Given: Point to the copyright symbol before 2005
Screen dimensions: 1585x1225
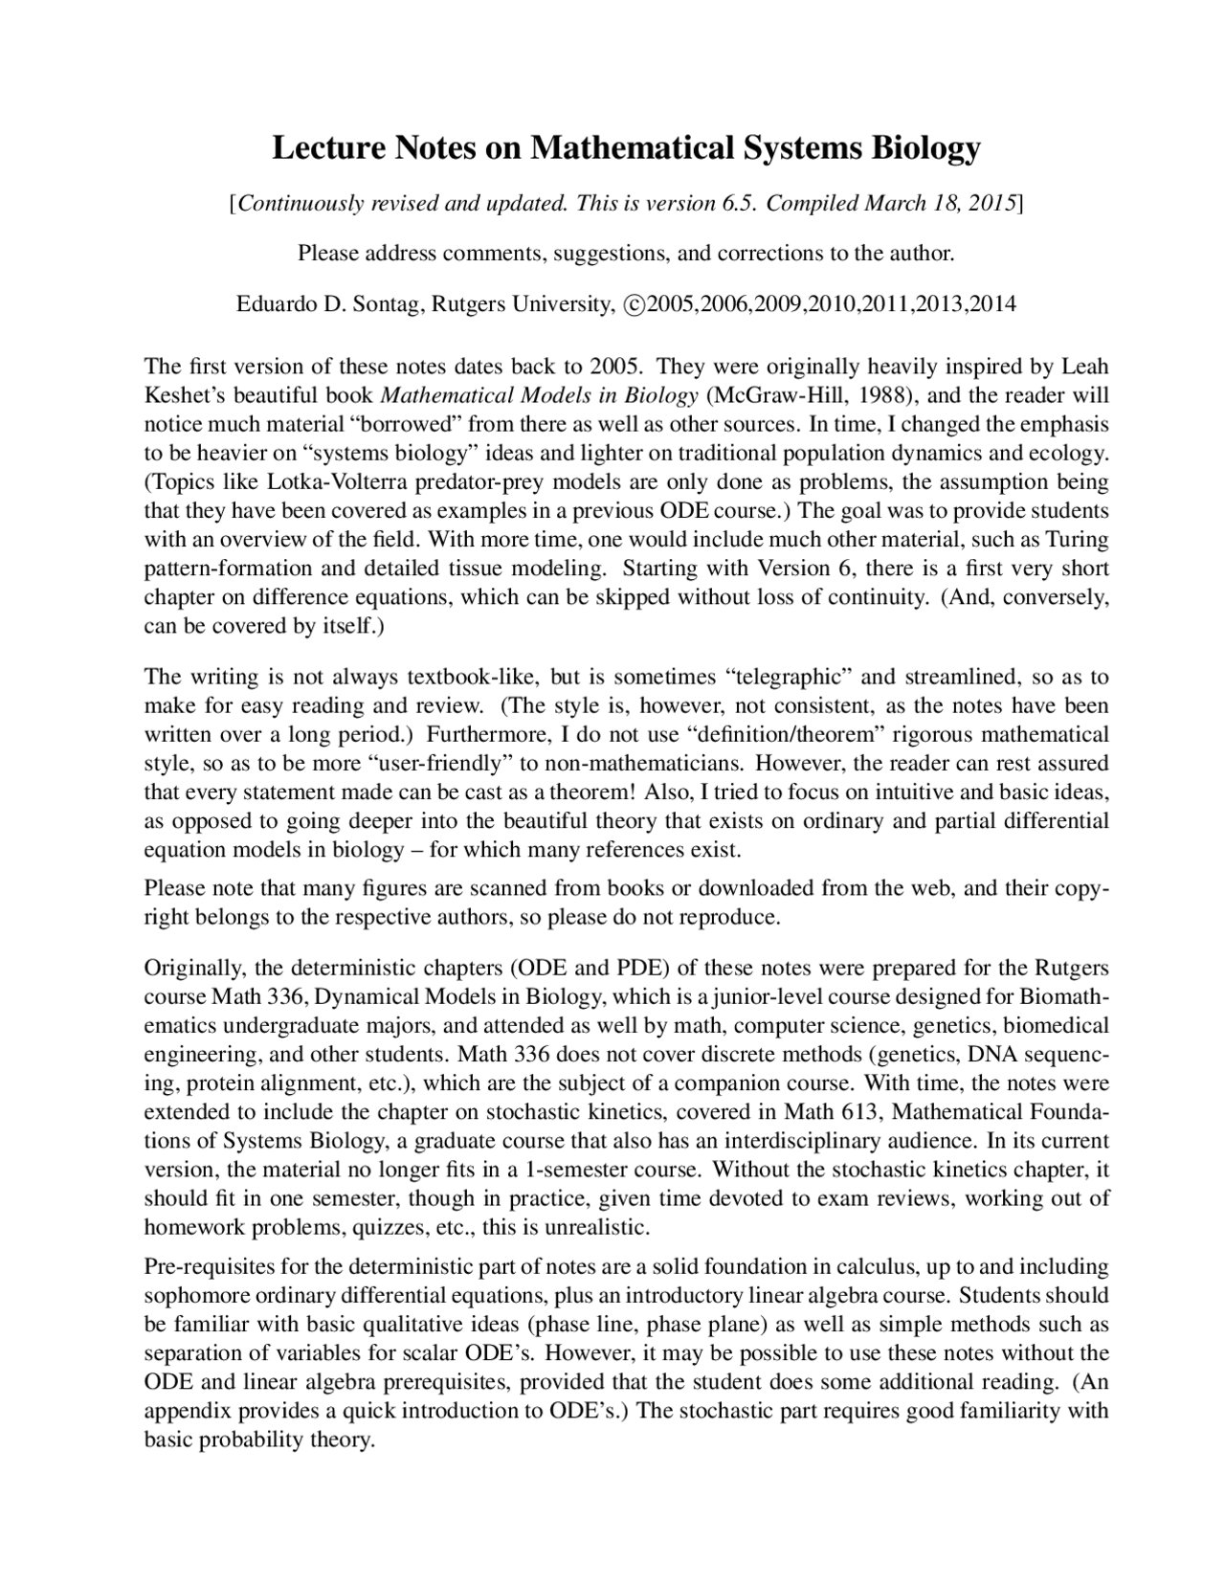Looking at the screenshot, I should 633,304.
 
